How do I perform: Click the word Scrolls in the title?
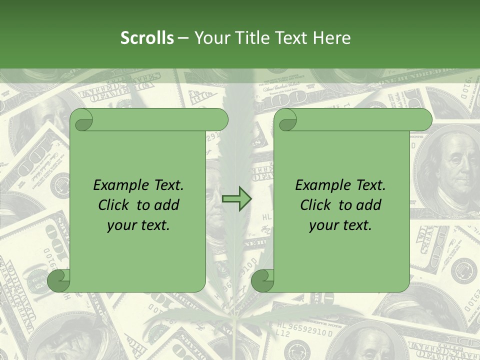tap(147, 38)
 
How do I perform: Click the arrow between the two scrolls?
tap(236, 199)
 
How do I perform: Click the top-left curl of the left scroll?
tap(81, 120)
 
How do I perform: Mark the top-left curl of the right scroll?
tap(285, 120)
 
